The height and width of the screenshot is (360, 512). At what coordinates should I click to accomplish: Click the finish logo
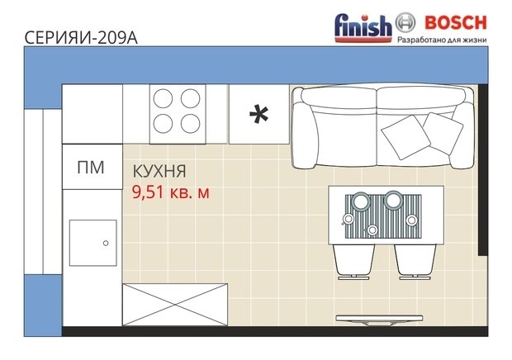pyautogui.click(x=363, y=28)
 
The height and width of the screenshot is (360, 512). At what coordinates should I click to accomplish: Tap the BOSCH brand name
pyautogui.click(x=456, y=22)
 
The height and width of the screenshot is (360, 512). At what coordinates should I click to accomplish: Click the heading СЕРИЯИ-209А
pyautogui.click(x=81, y=38)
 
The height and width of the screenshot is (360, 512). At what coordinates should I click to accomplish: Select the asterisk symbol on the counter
pyautogui.click(x=259, y=114)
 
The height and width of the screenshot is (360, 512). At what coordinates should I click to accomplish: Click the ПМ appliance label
pyautogui.click(x=91, y=168)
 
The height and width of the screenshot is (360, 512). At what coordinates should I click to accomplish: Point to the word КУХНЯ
pyautogui.click(x=159, y=172)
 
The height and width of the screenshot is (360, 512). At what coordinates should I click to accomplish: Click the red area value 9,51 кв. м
pyautogui.click(x=170, y=192)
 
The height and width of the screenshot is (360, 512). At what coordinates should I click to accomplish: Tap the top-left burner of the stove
pyautogui.click(x=163, y=98)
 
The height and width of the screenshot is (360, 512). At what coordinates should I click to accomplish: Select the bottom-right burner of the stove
pyautogui.click(x=191, y=124)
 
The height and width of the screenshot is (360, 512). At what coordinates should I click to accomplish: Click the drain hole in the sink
pyautogui.click(x=106, y=243)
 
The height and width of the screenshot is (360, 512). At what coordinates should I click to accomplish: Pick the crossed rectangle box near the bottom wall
pyautogui.click(x=175, y=305)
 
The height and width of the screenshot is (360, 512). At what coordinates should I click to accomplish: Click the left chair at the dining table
pyautogui.click(x=353, y=262)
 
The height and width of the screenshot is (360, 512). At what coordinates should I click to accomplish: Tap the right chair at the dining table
pyautogui.click(x=415, y=262)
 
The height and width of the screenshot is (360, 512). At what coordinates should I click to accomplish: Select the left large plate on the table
pyautogui.click(x=361, y=200)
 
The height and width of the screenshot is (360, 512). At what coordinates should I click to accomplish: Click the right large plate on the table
pyautogui.click(x=393, y=200)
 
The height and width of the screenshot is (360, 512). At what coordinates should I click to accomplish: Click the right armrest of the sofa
pyautogui.click(x=462, y=135)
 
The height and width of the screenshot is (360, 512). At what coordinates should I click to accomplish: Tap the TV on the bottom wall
pyautogui.click(x=379, y=320)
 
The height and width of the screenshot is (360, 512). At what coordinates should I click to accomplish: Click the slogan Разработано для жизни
pyautogui.click(x=442, y=40)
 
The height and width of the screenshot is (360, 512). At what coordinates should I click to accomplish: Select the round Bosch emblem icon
pyautogui.click(x=405, y=22)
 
